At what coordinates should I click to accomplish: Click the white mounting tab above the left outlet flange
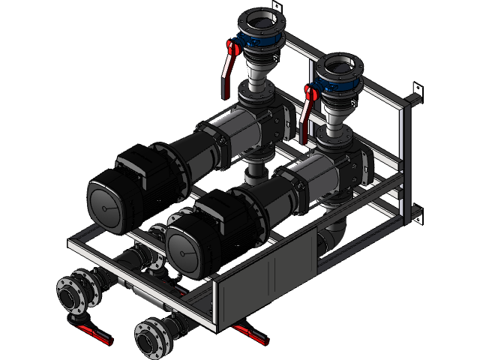(x=275, y=6)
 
